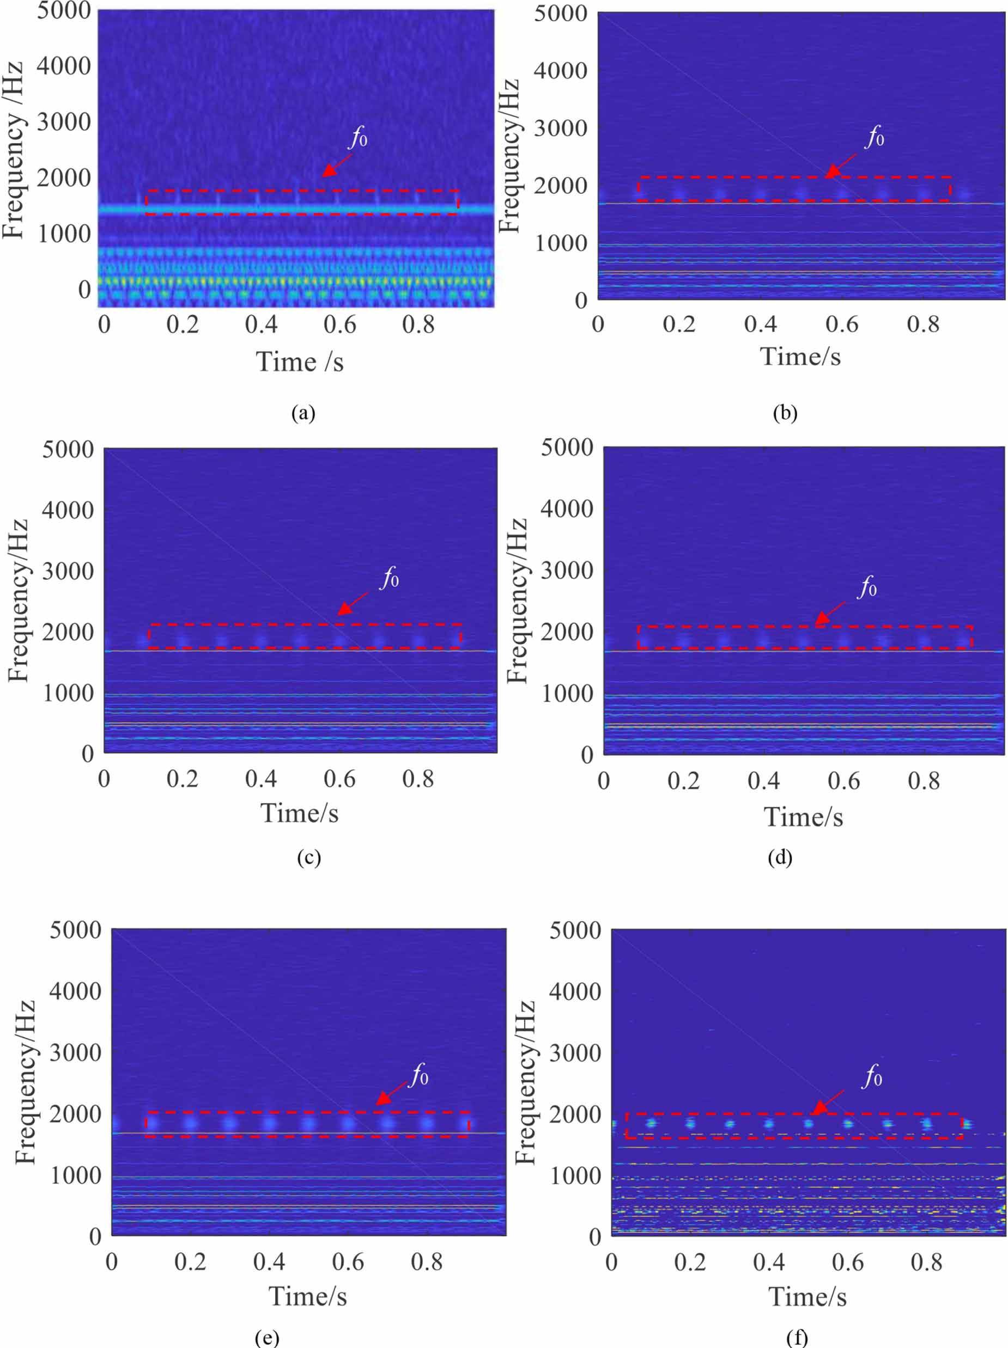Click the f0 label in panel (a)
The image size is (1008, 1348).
pos(359,138)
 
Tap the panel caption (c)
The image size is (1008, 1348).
pos(308,857)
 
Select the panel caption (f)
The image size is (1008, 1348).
pos(797,1338)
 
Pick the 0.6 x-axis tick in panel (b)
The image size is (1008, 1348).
pos(841,324)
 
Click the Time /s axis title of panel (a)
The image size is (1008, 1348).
pos(300,362)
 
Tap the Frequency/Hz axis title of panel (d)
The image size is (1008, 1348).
pos(517,601)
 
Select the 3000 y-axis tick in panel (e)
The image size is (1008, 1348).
pos(75,1052)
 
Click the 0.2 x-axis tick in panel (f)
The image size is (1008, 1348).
pos(690,1262)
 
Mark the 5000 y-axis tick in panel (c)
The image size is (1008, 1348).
pos(68,450)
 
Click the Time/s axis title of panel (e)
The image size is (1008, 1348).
pos(307,1296)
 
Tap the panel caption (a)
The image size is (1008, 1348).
pos(303,413)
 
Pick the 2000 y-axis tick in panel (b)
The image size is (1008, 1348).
pos(561,186)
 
